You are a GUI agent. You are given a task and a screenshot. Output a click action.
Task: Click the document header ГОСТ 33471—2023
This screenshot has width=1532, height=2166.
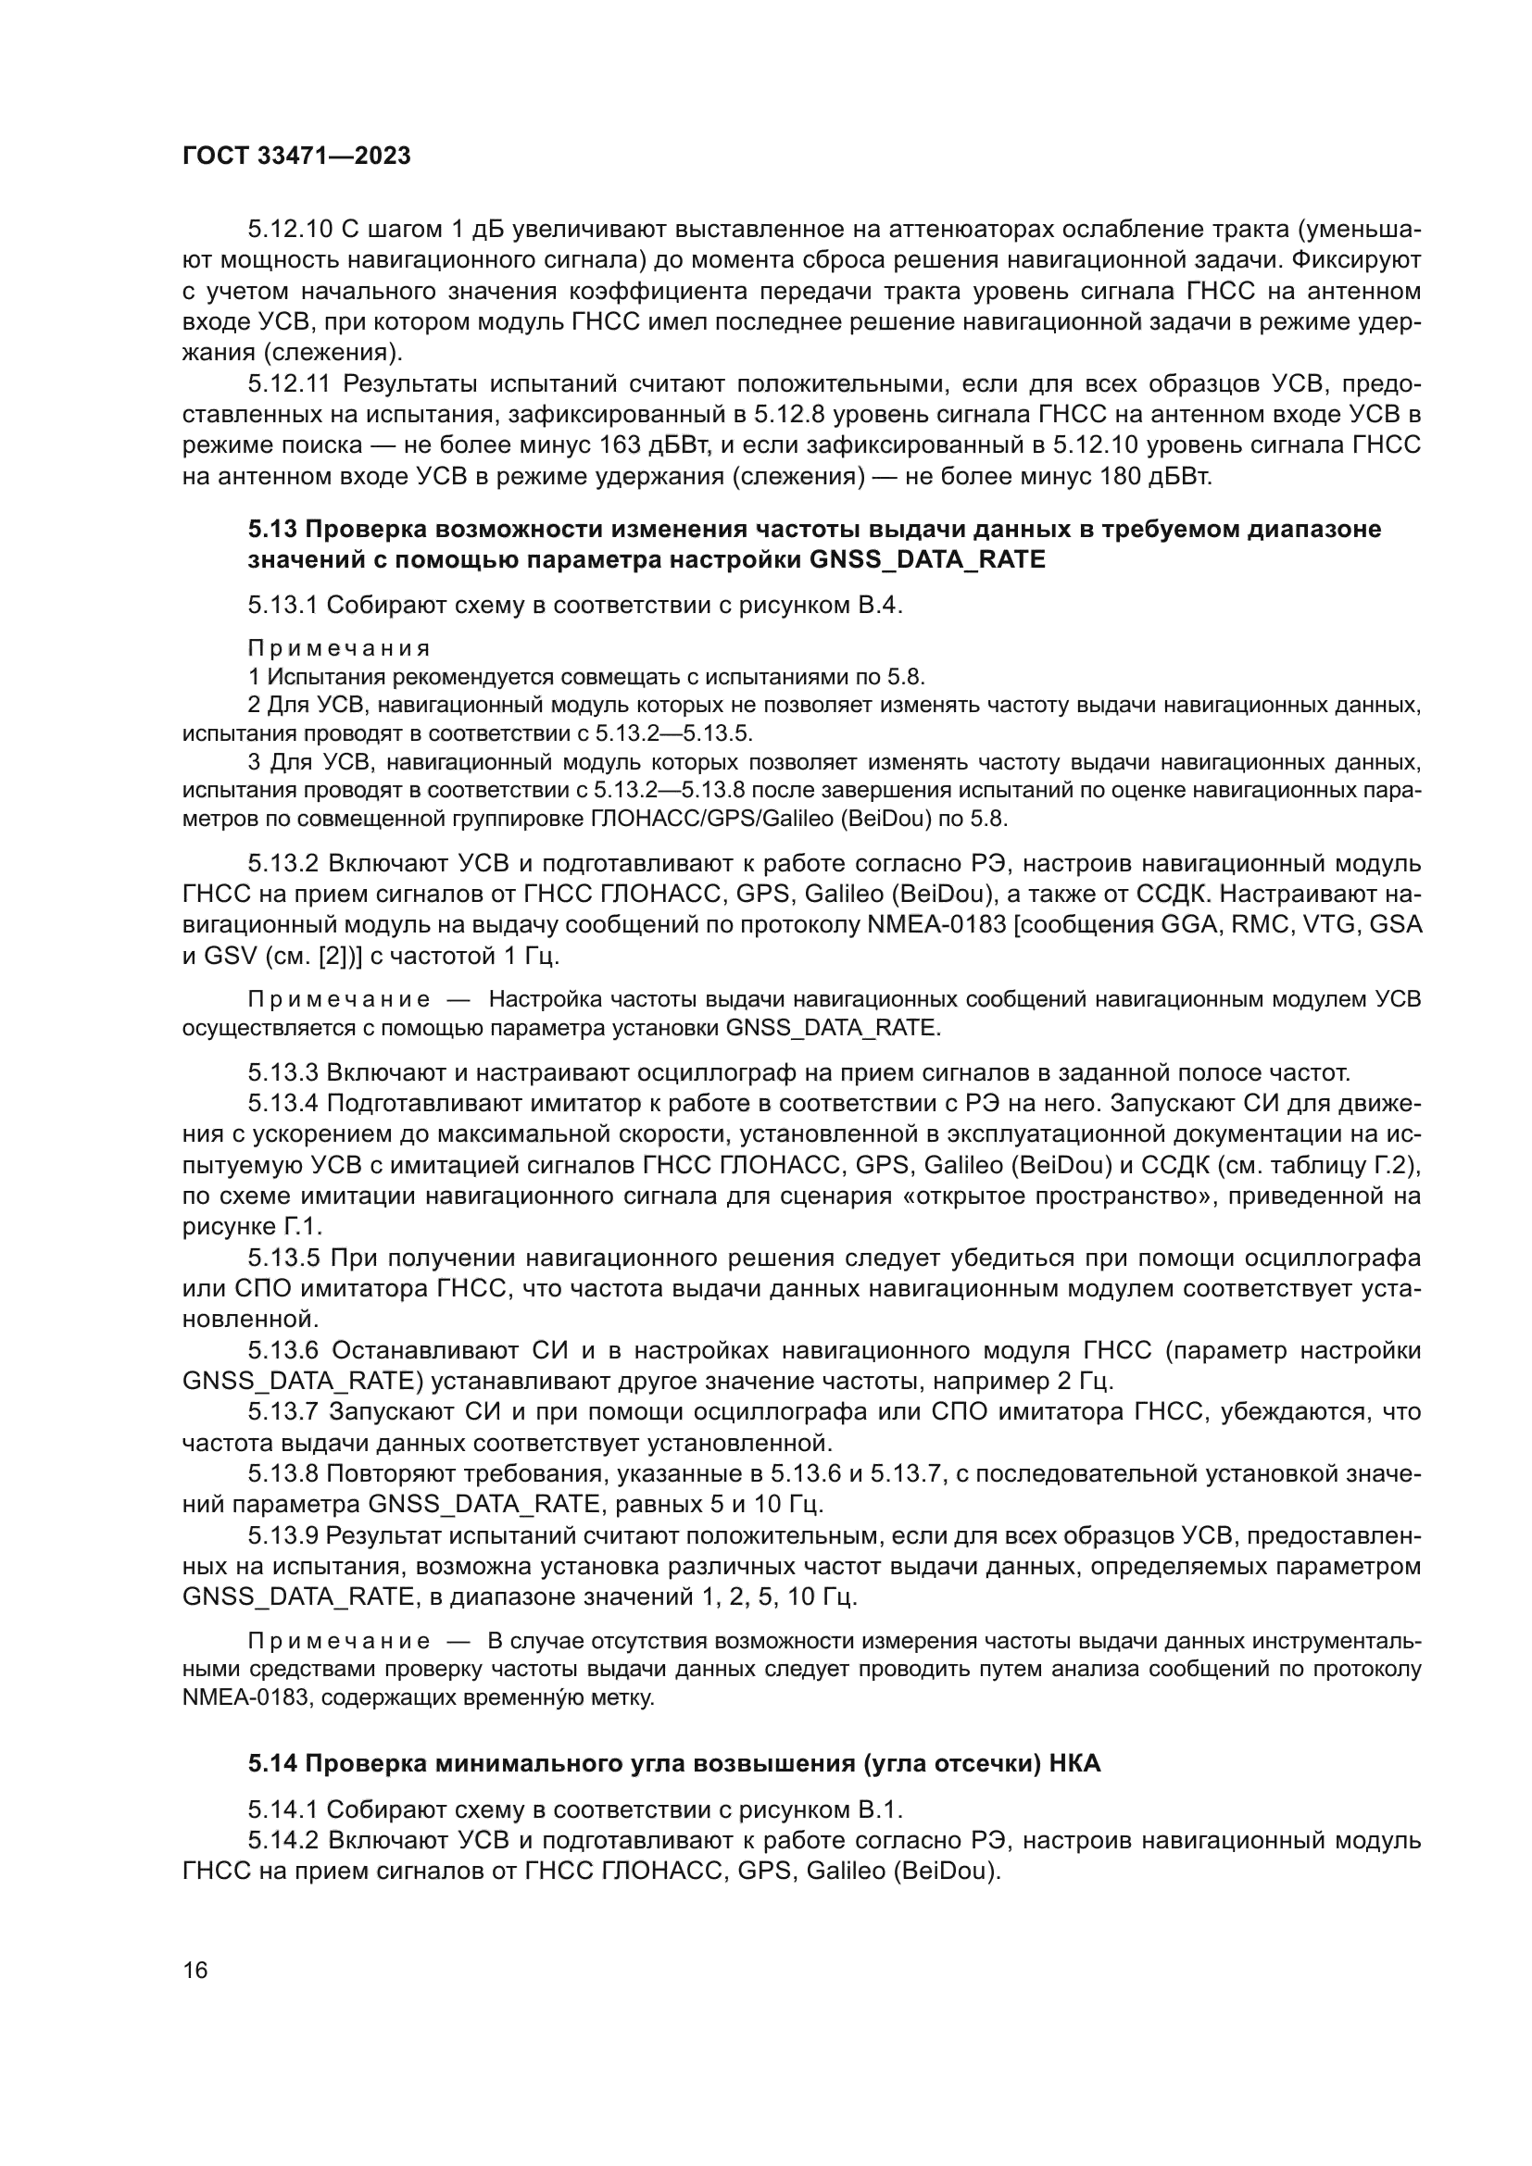(296, 157)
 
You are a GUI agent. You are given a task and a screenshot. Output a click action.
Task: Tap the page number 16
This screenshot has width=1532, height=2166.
(195, 1970)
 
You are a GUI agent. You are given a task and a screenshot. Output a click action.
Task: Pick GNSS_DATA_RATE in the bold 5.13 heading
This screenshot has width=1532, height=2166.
(927, 559)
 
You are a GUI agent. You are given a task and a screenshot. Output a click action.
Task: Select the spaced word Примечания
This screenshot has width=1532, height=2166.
(339, 648)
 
